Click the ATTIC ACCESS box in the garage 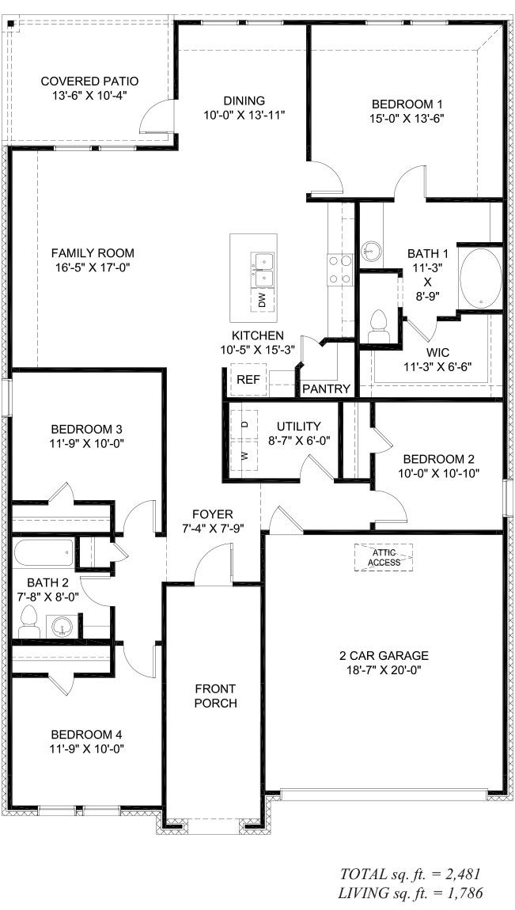point(384,556)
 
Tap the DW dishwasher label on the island point(262,300)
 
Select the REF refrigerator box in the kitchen point(248,380)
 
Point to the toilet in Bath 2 point(29,623)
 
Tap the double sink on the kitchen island point(262,269)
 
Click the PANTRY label point(327,389)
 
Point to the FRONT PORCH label point(214,696)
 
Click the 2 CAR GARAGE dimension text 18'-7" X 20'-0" point(383,669)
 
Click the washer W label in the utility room point(244,455)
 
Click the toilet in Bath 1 point(379,326)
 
